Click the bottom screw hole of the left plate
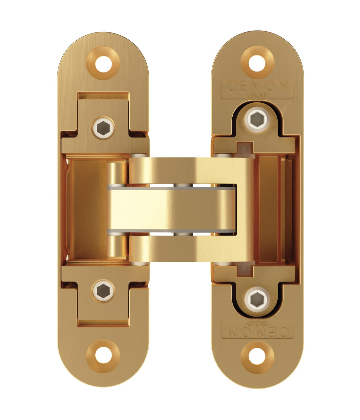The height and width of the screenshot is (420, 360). click(x=103, y=355)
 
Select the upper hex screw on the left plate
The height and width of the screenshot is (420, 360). click(x=103, y=128)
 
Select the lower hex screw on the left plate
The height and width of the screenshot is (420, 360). click(x=103, y=291)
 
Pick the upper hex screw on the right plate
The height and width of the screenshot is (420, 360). click(x=257, y=119)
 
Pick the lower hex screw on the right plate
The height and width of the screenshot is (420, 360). click(x=257, y=300)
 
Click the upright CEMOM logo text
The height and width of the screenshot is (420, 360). click(x=257, y=87)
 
